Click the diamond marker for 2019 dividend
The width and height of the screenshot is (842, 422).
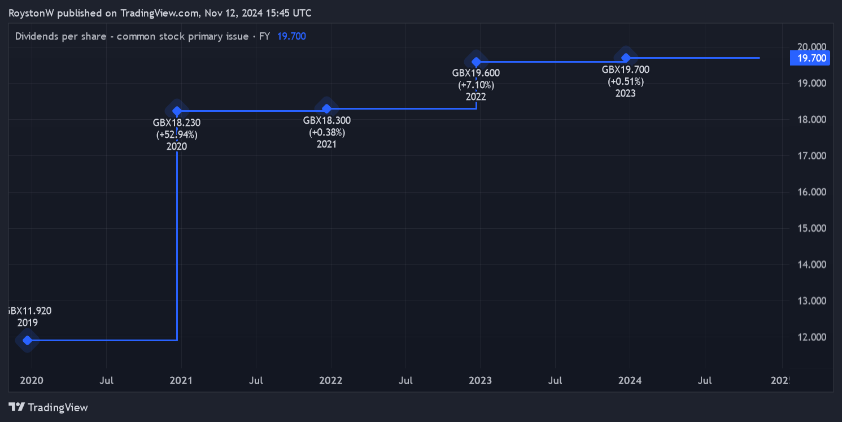(27, 340)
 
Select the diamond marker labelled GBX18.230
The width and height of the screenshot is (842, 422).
(177, 111)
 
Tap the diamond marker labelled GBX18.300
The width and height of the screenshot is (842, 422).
(326, 108)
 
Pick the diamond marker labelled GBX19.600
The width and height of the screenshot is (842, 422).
(476, 62)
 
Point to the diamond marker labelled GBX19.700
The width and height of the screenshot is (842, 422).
(626, 58)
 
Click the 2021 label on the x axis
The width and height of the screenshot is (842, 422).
(181, 380)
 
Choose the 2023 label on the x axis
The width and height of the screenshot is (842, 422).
(480, 380)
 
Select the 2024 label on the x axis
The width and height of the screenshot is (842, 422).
(630, 380)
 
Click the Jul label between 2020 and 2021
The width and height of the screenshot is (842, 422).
(106, 380)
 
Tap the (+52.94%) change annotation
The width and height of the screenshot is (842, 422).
(177, 134)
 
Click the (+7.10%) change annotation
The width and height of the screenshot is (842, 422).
(476, 85)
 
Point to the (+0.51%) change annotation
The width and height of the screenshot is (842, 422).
(626, 81)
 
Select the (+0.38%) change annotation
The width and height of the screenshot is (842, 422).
(326, 132)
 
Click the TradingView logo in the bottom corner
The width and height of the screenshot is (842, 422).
(49, 407)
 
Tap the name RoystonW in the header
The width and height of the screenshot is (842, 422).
(32, 13)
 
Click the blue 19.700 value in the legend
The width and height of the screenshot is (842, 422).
(291, 36)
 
